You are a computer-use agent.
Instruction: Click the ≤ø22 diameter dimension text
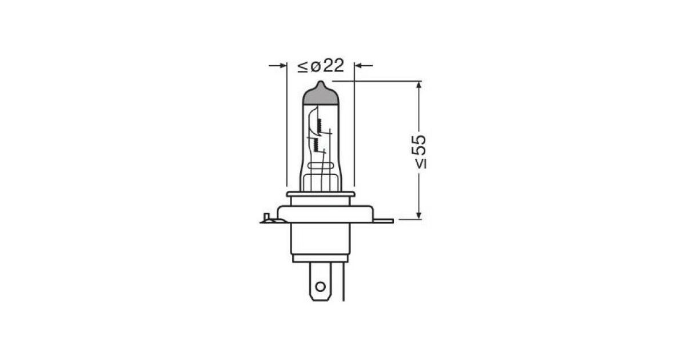tap(321, 66)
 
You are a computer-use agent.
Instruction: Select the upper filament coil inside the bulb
tap(320, 126)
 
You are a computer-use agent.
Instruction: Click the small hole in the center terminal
tap(320, 286)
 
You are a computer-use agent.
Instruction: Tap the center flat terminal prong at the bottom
tap(320, 281)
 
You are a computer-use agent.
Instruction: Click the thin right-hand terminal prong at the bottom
tap(343, 282)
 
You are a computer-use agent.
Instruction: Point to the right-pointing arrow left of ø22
tap(278, 66)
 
